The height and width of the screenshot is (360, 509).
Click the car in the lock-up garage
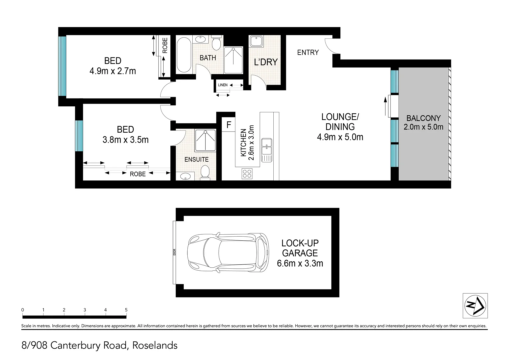click(228, 253)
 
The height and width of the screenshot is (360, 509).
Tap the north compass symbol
click(475, 306)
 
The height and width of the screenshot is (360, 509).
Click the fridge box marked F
click(228, 125)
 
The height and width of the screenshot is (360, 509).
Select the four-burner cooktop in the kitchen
click(247, 174)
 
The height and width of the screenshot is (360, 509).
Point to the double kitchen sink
click(267, 150)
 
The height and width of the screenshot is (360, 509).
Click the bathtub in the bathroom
click(184, 55)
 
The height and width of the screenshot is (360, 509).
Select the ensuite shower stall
click(205, 140)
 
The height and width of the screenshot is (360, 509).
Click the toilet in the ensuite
click(205, 173)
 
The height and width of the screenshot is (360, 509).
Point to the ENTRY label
click(308, 53)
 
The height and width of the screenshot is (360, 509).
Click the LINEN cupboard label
click(222, 85)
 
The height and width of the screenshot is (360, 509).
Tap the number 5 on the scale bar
click(126, 310)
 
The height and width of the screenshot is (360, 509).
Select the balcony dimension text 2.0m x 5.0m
click(423, 127)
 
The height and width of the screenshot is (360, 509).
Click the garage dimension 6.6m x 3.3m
click(300, 263)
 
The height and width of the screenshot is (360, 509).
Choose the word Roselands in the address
click(155, 345)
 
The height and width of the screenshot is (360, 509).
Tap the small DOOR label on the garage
click(175, 252)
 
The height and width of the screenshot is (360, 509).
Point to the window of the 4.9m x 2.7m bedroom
click(62, 66)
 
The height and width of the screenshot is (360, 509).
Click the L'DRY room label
click(266, 62)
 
